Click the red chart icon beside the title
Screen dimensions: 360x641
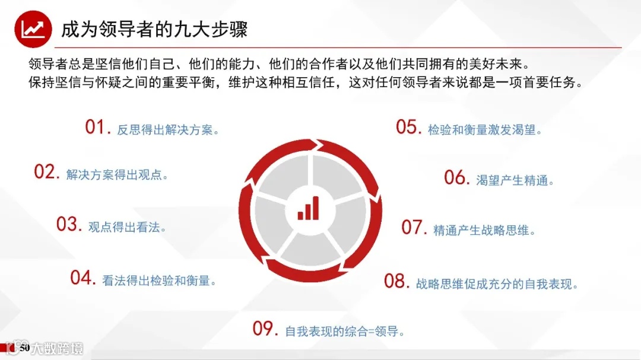[x=32, y=29]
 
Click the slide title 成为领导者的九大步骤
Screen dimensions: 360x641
[x=154, y=29]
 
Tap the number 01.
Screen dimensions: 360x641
[x=97, y=127]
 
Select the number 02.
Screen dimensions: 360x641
[x=46, y=172]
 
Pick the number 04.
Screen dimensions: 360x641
[x=82, y=278]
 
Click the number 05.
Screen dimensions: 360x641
[x=408, y=127]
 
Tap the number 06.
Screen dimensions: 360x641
[x=457, y=177]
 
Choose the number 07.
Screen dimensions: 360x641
[x=414, y=227]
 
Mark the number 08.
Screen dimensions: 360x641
[x=396, y=281]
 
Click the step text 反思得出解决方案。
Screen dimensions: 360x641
[x=169, y=130]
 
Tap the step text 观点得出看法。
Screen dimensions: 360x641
[x=127, y=227]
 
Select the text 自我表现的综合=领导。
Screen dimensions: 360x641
[x=345, y=332]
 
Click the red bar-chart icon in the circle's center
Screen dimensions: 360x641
[x=308, y=208]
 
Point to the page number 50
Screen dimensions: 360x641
[x=24, y=347]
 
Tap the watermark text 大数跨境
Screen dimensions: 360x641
[x=58, y=348]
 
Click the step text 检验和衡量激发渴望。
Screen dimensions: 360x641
[x=485, y=130]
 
